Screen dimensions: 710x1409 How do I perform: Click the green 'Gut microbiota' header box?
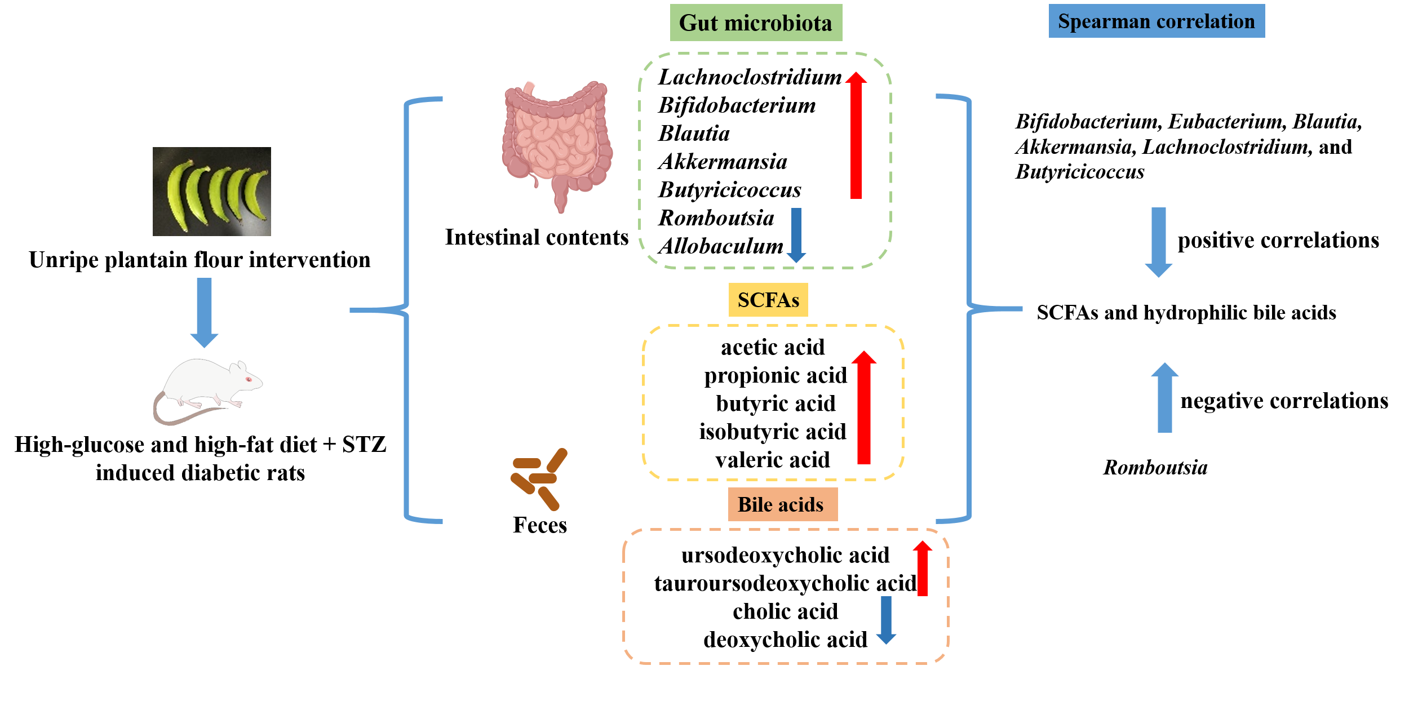point(755,23)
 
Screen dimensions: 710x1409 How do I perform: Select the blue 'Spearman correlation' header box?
point(1156,21)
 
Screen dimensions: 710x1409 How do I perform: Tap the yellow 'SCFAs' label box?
point(768,300)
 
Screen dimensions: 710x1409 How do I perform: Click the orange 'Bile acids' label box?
point(782,504)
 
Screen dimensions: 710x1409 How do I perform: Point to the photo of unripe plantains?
point(211,192)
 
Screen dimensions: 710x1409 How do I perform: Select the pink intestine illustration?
point(557,144)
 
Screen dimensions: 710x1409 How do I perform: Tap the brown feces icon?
point(538,479)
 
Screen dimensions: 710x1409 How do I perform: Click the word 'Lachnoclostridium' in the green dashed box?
point(750,77)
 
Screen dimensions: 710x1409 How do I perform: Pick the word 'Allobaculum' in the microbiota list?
point(720,246)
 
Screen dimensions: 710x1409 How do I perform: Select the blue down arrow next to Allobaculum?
point(796,234)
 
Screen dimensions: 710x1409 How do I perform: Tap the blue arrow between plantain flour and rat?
point(204,312)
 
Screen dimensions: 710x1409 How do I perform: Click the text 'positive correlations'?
point(1278,241)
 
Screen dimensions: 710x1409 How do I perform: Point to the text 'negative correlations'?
point(1284,401)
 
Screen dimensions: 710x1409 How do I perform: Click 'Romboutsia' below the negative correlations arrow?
point(1155,468)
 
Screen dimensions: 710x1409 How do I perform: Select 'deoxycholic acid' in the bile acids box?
point(785,640)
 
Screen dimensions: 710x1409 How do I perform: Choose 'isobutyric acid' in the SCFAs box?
point(773,432)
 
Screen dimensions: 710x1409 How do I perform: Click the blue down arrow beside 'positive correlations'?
point(1158,242)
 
